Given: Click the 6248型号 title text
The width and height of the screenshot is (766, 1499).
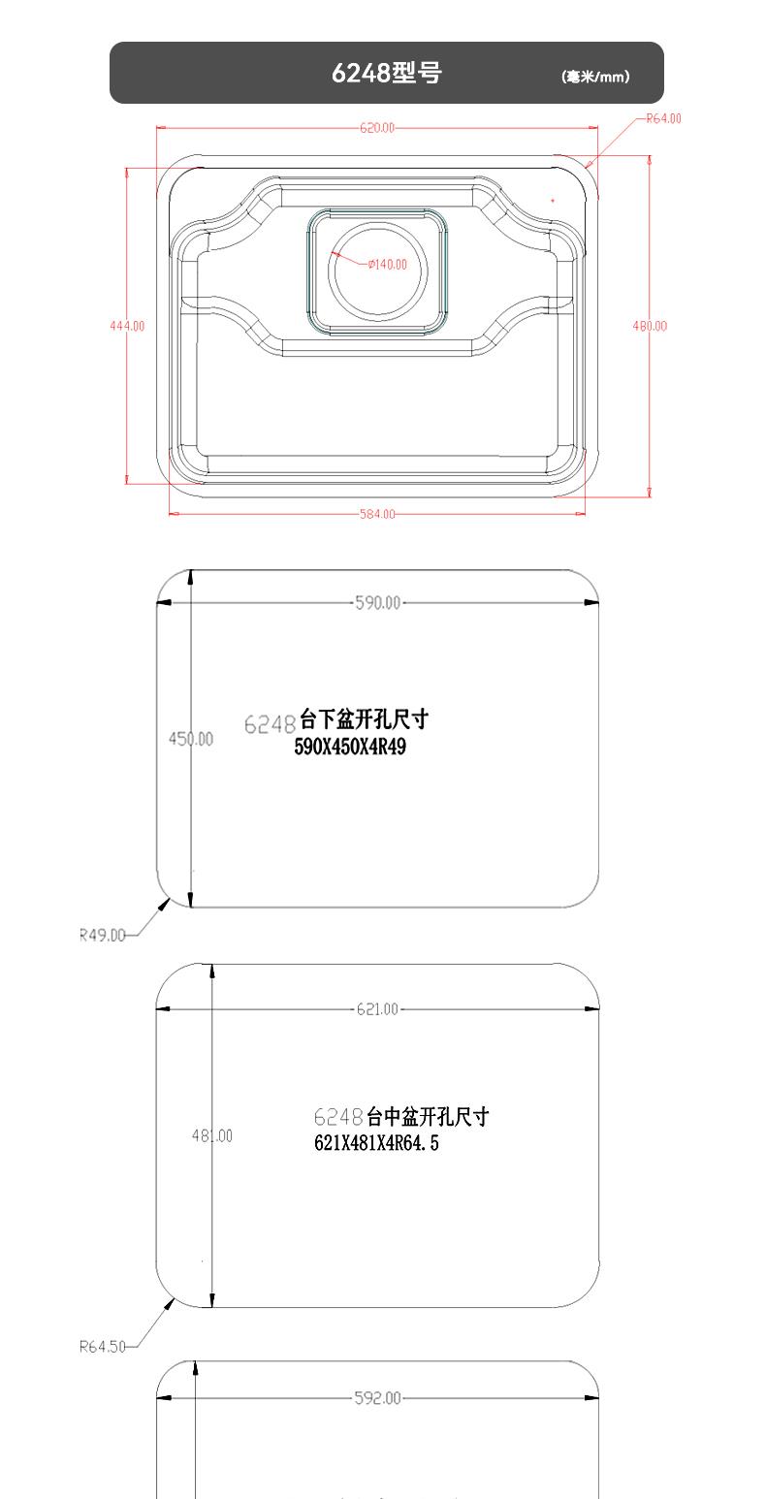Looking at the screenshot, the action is (x=386, y=73).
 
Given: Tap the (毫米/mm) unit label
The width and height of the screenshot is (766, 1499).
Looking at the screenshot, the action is (x=595, y=77).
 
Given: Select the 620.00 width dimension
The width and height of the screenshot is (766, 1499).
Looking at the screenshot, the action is (x=377, y=128).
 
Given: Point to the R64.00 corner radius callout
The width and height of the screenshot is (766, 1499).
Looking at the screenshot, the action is (x=664, y=118).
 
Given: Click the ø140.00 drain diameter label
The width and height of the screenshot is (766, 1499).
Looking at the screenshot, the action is (x=388, y=265).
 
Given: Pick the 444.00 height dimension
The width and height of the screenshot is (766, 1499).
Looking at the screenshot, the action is (x=126, y=326).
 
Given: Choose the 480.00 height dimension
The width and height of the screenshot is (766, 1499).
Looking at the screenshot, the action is (x=650, y=326).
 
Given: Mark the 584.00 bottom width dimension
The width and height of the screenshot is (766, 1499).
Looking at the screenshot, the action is (x=377, y=514).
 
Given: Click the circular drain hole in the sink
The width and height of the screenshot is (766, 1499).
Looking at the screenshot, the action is (x=378, y=272).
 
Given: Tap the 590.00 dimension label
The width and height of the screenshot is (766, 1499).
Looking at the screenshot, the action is (x=377, y=603).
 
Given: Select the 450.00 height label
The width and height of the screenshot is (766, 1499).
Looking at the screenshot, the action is (x=191, y=739).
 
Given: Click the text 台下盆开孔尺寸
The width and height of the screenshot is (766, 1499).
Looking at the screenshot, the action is (x=364, y=719).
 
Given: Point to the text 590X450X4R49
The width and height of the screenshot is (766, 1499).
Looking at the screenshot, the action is (x=350, y=748).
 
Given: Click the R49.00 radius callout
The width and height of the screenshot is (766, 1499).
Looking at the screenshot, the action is (x=102, y=936).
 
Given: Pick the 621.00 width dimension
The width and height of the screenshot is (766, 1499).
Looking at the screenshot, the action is (x=377, y=1009).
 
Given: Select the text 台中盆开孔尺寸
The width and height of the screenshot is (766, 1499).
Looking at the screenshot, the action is (x=428, y=1117).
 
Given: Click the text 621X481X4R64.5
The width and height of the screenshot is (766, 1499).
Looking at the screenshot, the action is (x=376, y=1144).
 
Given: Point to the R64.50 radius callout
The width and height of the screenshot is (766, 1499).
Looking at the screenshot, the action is (x=102, y=1347).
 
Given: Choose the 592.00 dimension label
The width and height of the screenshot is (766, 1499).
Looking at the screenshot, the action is (x=377, y=1398).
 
